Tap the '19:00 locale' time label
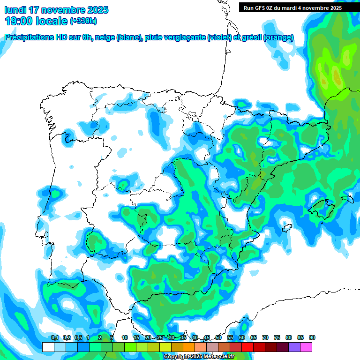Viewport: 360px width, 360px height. click(x=36, y=21)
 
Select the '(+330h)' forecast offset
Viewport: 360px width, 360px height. click(x=83, y=21)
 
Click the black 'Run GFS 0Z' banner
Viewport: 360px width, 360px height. click(x=292, y=7)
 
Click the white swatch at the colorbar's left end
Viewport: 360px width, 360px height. click(x=48, y=347)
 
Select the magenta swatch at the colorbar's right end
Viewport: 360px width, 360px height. click(x=306, y=347)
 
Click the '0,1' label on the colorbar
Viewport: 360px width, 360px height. click(x=54, y=338)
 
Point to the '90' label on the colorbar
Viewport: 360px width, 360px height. click(x=312, y=338)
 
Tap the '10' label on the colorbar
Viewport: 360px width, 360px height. click(x=125, y=338)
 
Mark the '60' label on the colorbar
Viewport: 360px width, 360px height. click(x=242, y=338)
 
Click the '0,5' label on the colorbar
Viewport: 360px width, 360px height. click(x=78, y=338)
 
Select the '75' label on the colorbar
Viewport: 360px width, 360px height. click(x=277, y=338)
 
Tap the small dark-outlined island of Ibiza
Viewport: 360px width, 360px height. click(x=285, y=228)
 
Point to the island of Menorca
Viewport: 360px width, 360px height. click(x=348, y=199)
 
